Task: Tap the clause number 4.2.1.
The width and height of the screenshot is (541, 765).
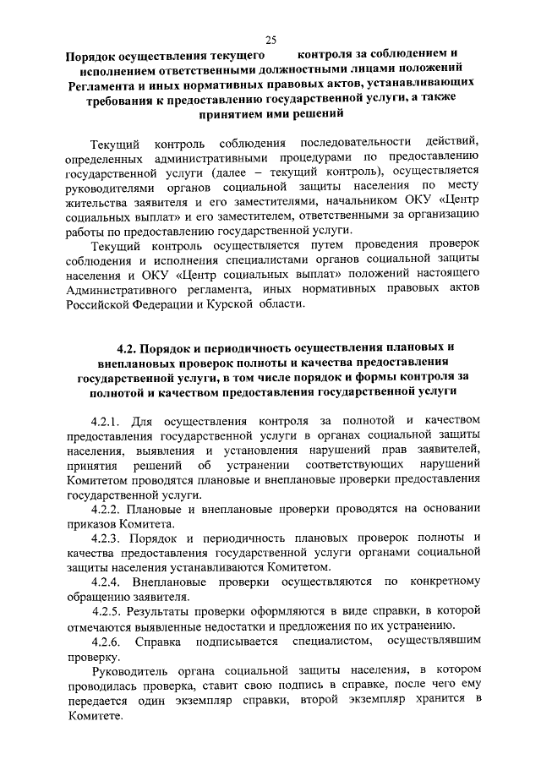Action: click(x=107, y=420)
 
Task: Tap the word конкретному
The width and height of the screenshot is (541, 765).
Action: click(x=443, y=582)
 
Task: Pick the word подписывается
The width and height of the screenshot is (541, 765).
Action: click(x=233, y=643)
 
